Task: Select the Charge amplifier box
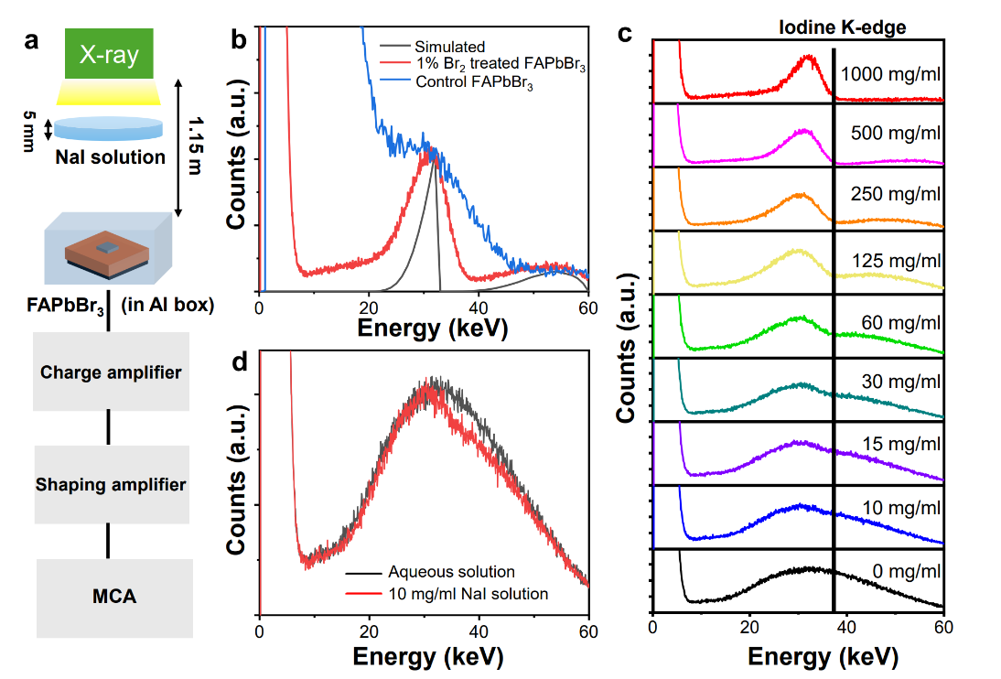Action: (x=110, y=372)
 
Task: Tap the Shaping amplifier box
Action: (x=110, y=484)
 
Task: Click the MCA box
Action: (x=115, y=598)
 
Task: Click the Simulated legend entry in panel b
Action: (x=449, y=47)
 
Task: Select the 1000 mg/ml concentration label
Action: (x=890, y=75)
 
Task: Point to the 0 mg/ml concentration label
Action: (x=904, y=571)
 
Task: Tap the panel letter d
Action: (x=240, y=361)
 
